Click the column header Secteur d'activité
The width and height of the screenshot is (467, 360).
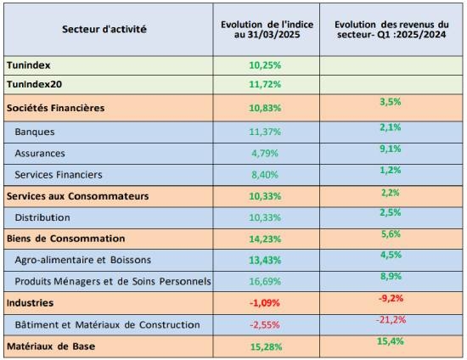(104, 29)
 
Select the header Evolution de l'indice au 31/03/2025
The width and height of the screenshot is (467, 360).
(267, 29)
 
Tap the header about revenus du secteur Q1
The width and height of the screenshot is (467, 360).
(391, 29)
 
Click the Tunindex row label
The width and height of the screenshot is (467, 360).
(29, 65)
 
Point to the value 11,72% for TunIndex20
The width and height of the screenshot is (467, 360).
(265, 84)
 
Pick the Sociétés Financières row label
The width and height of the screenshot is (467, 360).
(56, 108)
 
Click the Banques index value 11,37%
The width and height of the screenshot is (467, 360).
(265, 132)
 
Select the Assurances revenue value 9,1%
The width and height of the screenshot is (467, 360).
(391, 149)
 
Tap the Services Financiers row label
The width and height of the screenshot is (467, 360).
(59, 175)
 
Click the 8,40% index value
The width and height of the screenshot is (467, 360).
(265, 175)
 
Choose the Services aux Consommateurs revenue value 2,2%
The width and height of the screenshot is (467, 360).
(391, 193)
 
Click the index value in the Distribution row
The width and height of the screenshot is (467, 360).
(265, 217)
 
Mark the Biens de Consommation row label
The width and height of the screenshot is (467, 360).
(66, 239)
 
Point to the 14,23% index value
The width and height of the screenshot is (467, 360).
(265, 239)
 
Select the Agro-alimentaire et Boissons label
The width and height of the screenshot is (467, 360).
(83, 260)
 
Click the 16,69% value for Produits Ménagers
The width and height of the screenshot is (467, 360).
(265, 281)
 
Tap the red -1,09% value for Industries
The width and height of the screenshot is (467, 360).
(264, 303)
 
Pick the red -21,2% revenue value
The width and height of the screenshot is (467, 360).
(391, 320)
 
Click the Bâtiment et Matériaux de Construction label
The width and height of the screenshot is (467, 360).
(108, 324)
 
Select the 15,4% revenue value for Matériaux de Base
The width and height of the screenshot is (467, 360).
(391, 341)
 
